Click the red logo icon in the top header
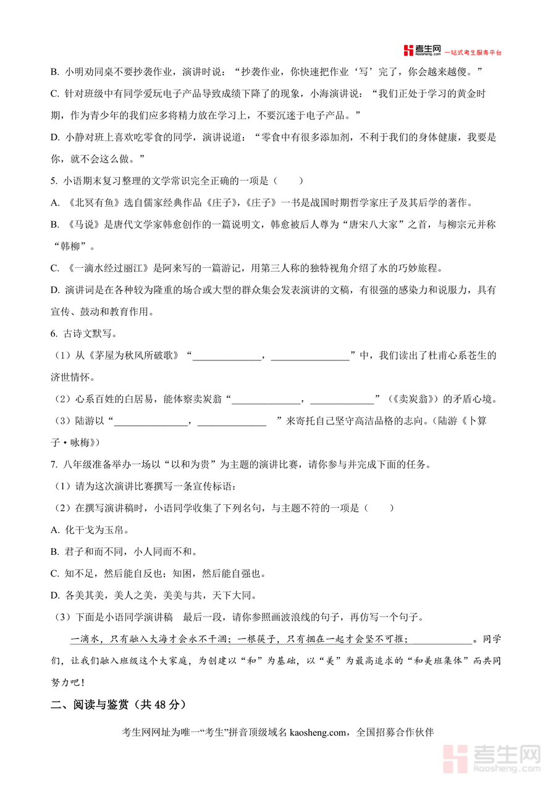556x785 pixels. [x=409, y=51]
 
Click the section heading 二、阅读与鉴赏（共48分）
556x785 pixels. [x=118, y=704]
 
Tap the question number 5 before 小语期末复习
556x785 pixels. [x=54, y=181]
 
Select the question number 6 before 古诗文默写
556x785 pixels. [x=54, y=333]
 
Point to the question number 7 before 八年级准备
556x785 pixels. [x=54, y=464]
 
